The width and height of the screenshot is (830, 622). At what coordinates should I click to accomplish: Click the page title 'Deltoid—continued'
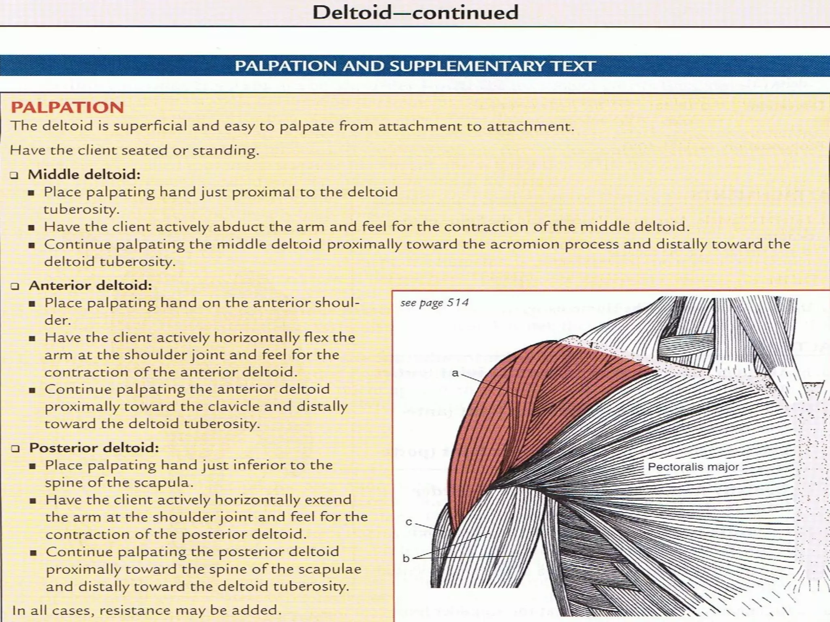pos(415,13)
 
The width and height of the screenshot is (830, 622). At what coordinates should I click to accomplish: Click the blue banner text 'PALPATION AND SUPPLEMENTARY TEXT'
pos(415,66)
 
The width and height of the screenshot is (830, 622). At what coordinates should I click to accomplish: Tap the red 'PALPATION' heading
pos(67,107)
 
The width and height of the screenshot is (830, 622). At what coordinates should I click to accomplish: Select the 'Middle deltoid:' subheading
pos(84,175)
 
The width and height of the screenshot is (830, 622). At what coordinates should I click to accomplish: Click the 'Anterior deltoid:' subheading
pos(90,285)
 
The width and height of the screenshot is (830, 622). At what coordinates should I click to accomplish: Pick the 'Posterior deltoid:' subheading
pos(94,447)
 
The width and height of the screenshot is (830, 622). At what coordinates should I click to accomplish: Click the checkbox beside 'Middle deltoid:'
pos(15,175)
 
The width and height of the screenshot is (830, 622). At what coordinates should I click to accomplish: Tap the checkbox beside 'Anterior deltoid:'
pos(15,286)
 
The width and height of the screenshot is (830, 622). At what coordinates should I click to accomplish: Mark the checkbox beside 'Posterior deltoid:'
pos(15,448)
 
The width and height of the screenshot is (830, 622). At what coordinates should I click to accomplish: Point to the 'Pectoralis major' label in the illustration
pos(693,466)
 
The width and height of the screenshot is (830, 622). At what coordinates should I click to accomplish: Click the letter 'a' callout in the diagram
pos(455,373)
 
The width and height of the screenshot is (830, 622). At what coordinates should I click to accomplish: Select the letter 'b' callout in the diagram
pos(406,558)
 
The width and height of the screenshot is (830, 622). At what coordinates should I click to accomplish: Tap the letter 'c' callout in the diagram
pos(409,522)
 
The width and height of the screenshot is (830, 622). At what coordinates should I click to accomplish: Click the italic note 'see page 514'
pos(434,303)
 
